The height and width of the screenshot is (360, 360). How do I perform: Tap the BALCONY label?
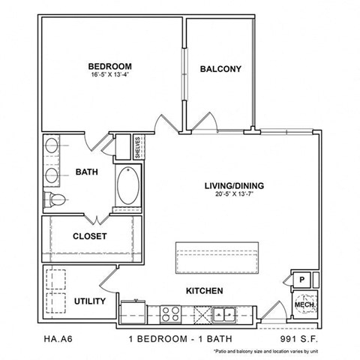point(220,70)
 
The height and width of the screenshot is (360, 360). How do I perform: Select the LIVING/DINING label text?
point(235,185)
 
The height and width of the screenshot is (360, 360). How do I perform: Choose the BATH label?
point(87,172)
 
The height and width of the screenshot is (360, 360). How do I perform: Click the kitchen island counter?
point(216,258)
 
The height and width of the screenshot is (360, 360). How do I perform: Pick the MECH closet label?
point(303,305)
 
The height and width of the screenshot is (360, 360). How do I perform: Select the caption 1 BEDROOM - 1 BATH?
point(178,339)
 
